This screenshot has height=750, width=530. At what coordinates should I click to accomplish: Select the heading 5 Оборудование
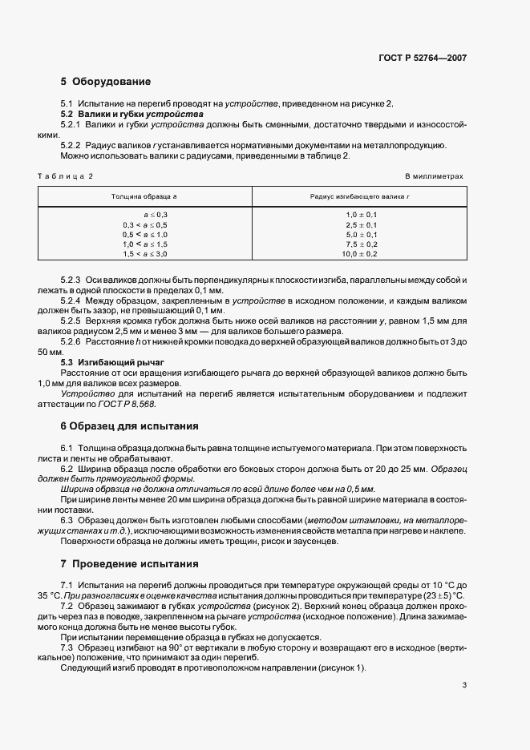[x=105, y=82]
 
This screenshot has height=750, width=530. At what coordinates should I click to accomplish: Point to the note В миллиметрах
[x=434, y=175]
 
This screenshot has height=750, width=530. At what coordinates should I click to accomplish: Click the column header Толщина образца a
[x=145, y=196]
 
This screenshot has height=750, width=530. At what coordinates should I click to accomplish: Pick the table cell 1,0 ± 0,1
[x=361, y=216]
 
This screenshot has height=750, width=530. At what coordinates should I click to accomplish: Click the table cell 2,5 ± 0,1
[x=361, y=225]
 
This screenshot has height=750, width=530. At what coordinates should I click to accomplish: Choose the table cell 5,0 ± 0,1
[x=361, y=235]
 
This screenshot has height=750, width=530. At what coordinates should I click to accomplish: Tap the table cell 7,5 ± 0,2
[x=361, y=244]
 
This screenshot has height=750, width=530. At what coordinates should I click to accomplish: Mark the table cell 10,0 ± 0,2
[x=361, y=254]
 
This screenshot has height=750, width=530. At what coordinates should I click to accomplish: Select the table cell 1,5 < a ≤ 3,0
[x=145, y=254]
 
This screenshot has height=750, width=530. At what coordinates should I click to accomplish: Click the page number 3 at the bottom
[x=464, y=685]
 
